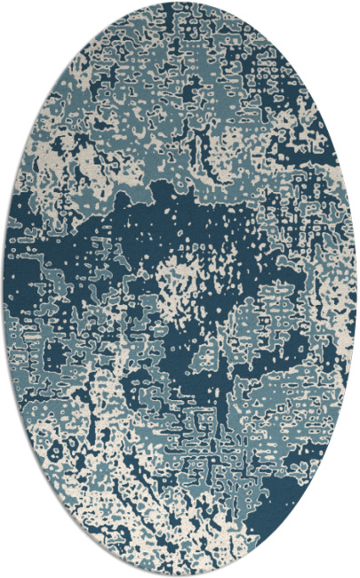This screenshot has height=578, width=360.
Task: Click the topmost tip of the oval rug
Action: [180, 3]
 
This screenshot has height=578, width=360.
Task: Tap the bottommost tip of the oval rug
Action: [180, 575]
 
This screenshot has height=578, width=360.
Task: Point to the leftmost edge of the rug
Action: [4, 289]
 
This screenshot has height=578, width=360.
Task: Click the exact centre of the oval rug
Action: [180, 289]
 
